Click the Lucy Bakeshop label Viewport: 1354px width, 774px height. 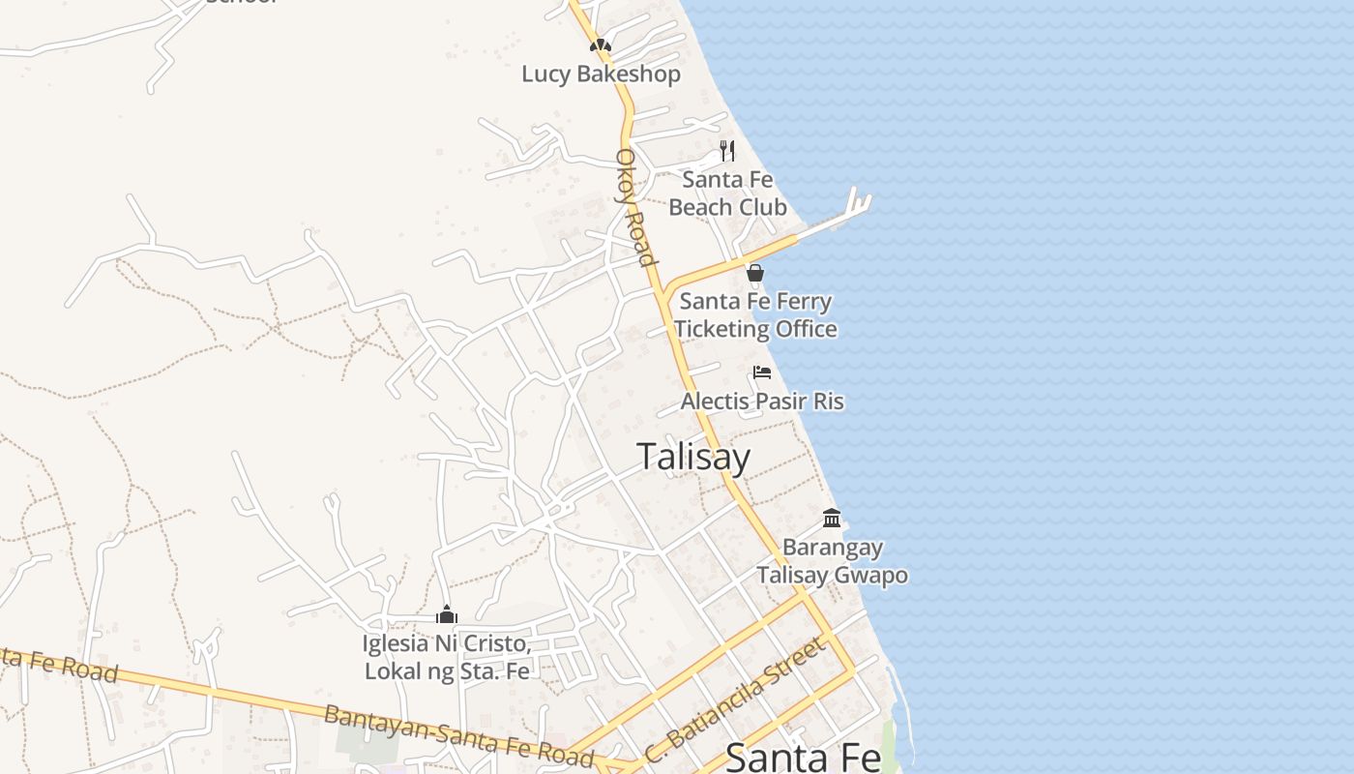[x=601, y=74]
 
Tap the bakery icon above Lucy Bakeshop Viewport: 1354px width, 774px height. [x=601, y=45]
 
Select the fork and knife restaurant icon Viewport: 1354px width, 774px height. [x=727, y=151]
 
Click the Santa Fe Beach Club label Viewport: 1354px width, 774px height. [x=727, y=193]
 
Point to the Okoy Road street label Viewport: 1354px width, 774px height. [x=636, y=207]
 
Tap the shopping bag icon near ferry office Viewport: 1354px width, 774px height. [x=755, y=274]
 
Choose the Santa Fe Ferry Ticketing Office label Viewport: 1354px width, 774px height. [x=755, y=315]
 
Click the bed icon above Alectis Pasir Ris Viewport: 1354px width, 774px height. [x=762, y=372]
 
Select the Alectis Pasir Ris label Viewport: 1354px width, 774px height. [x=762, y=401]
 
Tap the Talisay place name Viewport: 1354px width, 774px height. [x=693, y=457]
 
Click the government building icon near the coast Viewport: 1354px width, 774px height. [x=832, y=519]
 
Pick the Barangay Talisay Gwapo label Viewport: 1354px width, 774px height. [x=832, y=561]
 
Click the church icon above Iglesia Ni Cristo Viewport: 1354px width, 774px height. [x=446, y=615]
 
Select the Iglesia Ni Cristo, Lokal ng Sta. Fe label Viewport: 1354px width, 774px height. [x=447, y=657]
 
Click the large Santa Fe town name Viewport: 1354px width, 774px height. [x=803, y=757]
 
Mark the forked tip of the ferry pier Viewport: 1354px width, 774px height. [x=858, y=201]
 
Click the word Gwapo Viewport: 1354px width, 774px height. [x=869, y=576]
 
